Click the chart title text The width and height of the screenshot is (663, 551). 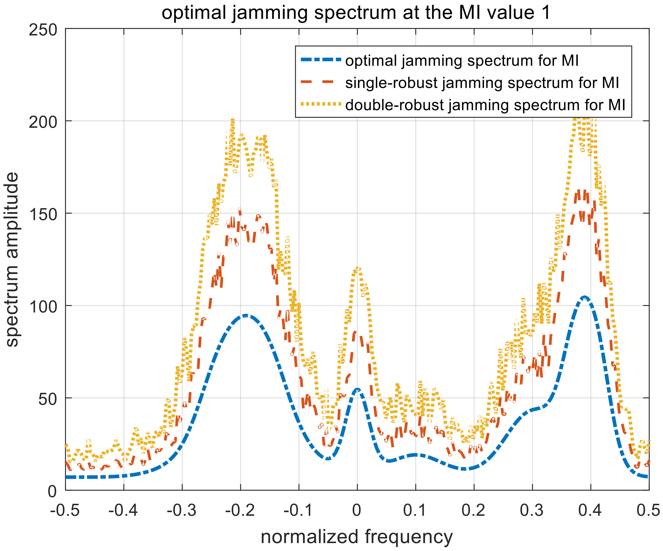(356, 13)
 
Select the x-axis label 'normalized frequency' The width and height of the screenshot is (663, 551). (357, 537)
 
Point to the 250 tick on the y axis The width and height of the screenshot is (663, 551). (43, 30)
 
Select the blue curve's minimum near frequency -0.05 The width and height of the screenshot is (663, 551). (328, 458)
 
